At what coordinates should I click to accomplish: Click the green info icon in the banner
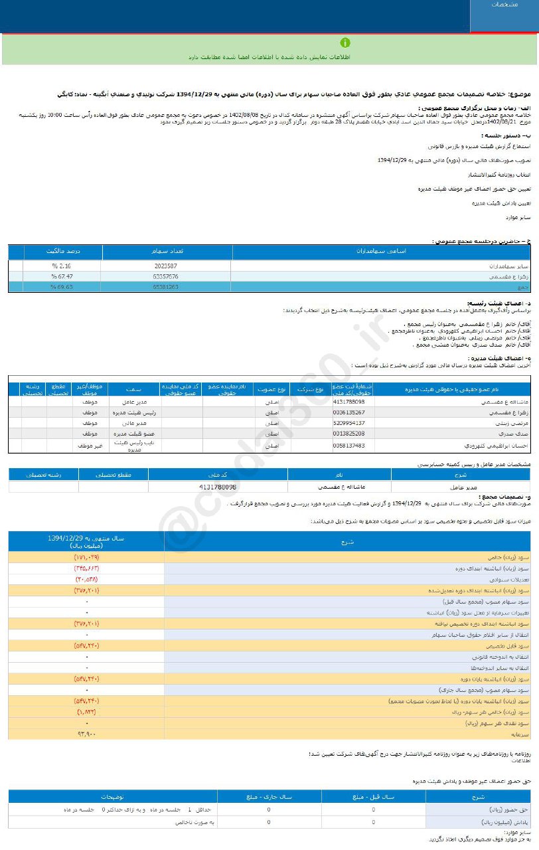click(345, 43)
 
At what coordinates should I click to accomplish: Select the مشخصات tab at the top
click(505, 5)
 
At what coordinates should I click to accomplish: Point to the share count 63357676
click(165, 276)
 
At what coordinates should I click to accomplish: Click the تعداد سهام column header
click(168, 252)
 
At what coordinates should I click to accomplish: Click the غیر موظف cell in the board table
click(87, 445)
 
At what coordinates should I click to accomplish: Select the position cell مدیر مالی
click(133, 422)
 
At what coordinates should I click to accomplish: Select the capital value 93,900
click(87, 734)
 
